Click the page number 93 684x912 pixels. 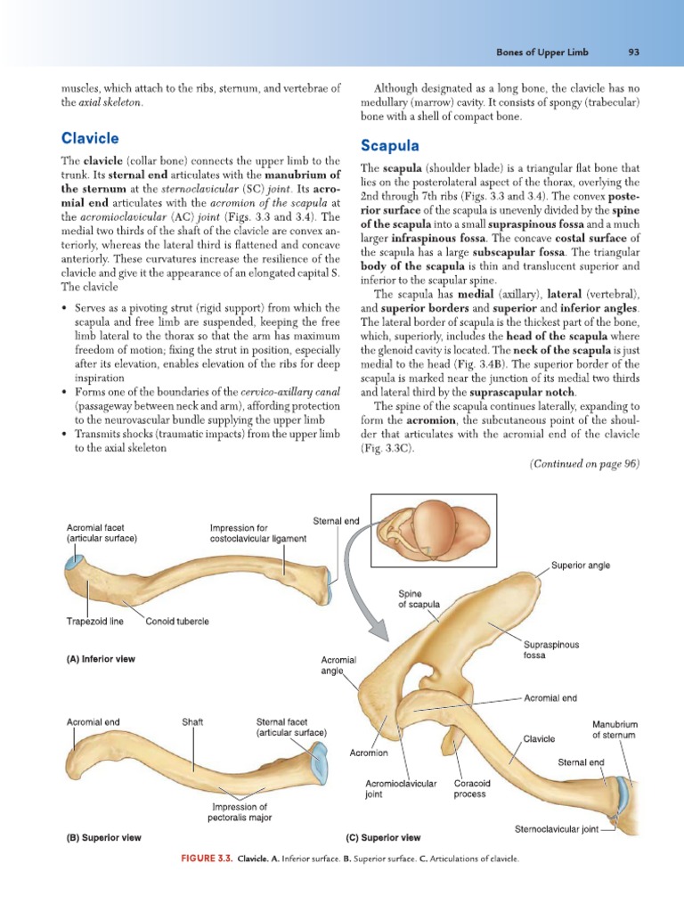click(x=634, y=53)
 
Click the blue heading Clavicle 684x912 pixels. click(x=90, y=138)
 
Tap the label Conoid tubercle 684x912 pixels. click(x=177, y=621)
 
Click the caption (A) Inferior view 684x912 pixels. click(x=103, y=660)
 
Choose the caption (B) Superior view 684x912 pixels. click(x=103, y=837)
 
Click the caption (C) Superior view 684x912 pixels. click(x=383, y=837)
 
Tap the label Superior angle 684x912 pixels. click(x=581, y=566)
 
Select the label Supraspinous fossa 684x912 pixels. click(x=551, y=649)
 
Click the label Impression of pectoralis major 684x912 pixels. click(x=240, y=811)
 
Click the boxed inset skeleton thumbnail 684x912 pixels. click(x=433, y=531)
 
